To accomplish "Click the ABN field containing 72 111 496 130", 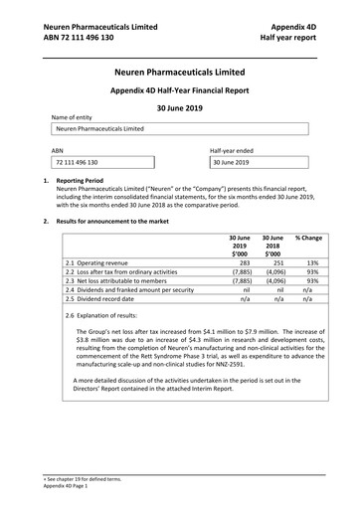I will click(x=104, y=161).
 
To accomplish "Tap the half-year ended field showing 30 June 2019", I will click(x=263, y=161).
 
